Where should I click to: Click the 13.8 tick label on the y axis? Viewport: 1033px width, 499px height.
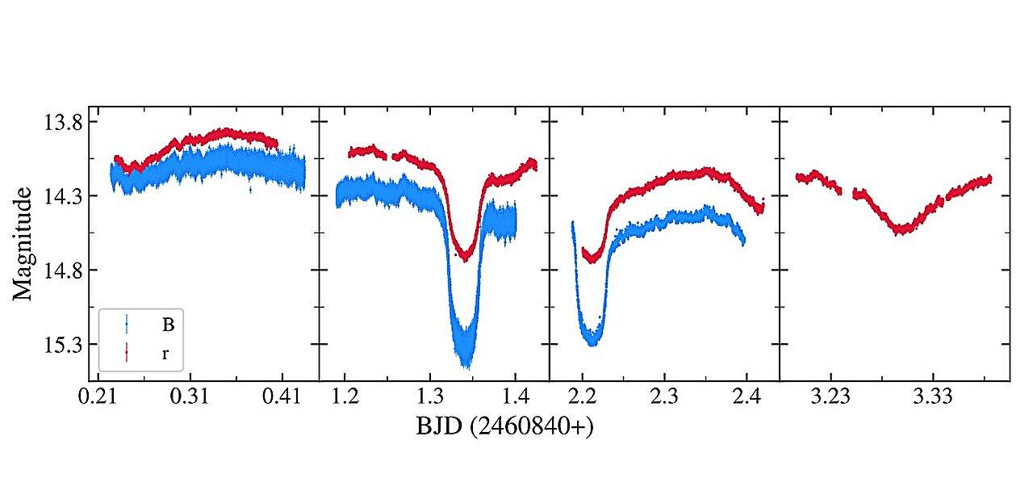point(63,124)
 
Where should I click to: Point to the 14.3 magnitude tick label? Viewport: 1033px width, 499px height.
point(63,197)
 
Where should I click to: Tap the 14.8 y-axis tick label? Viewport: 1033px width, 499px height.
point(63,270)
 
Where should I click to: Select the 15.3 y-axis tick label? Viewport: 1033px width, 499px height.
point(63,345)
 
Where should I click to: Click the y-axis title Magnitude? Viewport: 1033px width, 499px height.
point(22,244)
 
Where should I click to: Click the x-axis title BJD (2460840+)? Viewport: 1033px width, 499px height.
point(504,426)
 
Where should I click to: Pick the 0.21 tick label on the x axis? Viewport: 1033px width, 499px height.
point(98,396)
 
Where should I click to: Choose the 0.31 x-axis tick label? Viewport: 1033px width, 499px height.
point(190,396)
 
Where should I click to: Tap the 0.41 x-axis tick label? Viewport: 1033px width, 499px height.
point(282,396)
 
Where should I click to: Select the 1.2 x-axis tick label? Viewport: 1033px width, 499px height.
point(345,396)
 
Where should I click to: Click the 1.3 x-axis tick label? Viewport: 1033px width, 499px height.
point(430,396)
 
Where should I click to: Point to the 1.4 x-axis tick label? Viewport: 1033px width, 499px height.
point(515,396)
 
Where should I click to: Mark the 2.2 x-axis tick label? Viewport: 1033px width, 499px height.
point(583,396)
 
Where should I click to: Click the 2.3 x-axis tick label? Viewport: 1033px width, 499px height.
point(664,396)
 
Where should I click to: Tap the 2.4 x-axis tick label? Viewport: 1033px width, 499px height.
point(747,396)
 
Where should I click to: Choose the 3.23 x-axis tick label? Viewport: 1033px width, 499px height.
point(830,396)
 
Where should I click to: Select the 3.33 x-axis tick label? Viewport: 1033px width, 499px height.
point(932,396)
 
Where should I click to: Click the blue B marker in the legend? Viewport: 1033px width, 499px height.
point(127,325)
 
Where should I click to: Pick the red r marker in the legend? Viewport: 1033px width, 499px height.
point(127,353)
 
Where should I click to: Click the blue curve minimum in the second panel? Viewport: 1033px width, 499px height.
point(467,366)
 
